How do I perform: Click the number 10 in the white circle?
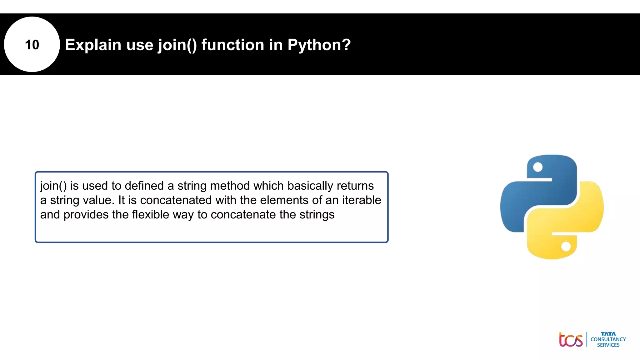coord(32,45)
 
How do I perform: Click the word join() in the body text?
coord(53,186)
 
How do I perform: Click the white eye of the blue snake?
coord(537,167)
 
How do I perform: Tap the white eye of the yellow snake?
coord(566,247)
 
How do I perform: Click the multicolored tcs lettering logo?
coord(571,339)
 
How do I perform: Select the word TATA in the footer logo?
coord(608,334)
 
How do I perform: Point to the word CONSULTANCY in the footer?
coord(608,339)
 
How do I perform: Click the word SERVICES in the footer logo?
coord(608,345)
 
